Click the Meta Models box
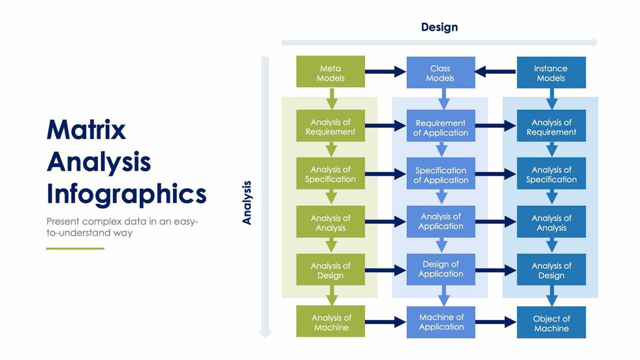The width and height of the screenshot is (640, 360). pos(330,73)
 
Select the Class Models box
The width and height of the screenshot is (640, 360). pos(440,73)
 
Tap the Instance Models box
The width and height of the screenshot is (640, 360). pos(551,73)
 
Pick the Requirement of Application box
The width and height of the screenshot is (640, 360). pos(440,127)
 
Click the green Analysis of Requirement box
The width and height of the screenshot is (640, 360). pos(330,126)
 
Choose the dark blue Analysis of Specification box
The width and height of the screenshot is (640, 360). pos(551,174)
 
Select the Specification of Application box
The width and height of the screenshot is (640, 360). pos(440,174)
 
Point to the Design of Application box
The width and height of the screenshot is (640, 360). pos(440,269)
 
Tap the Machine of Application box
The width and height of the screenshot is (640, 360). pos(441,321)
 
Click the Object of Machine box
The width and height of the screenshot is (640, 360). pos(551,323)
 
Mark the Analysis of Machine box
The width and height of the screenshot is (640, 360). pos(330,322)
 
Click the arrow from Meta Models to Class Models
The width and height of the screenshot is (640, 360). pos(385,73)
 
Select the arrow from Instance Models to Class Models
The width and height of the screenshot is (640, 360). pos(496,73)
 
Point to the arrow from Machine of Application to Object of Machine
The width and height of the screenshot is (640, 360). pos(496,322)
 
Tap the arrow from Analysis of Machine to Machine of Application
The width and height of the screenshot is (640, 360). pos(385,322)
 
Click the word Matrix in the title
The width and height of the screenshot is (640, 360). pos(86,130)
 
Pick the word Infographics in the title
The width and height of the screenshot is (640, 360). pos(127,194)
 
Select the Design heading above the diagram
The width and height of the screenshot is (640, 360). pos(440,27)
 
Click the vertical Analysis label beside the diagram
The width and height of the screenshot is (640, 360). pos(247,203)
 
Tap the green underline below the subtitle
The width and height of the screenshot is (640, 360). pos(75,248)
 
